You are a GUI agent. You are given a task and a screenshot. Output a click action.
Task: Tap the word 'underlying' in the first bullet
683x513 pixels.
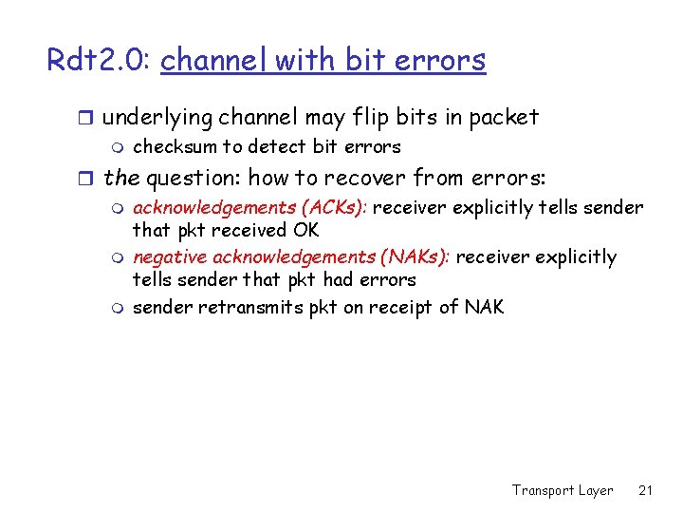pos(157,118)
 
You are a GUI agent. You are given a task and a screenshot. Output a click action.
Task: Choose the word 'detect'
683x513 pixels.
pos(275,146)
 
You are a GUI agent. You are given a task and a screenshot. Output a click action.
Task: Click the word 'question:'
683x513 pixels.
pos(196,178)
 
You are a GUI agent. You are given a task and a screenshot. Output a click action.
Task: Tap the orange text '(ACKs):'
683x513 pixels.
pos(332,208)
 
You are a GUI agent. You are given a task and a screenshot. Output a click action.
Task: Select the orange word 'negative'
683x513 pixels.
pos(170,257)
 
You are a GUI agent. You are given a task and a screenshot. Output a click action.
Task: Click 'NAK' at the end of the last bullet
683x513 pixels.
pos(484,307)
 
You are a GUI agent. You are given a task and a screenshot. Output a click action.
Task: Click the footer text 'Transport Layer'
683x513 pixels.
pos(563,490)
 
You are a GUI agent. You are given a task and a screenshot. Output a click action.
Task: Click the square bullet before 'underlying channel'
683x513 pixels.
pos(87,119)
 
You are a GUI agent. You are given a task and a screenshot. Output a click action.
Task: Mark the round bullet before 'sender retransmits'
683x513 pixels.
pos(117,308)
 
